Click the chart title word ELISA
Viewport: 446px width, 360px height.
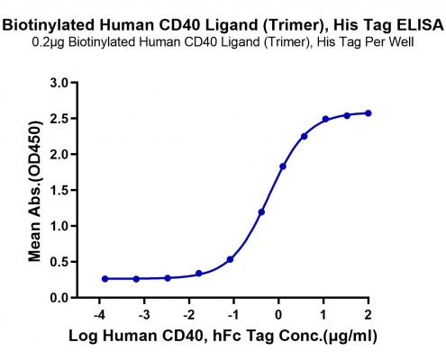point(420,25)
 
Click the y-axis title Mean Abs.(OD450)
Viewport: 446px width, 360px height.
point(34,191)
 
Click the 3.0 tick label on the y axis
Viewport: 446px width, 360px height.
point(60,83)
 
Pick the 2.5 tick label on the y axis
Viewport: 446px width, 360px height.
point(60,119)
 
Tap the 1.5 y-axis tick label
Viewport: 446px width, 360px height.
point(60,190)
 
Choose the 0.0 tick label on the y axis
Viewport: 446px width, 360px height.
point(60,298)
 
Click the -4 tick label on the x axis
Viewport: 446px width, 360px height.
point(99,315)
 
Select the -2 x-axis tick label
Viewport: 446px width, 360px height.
point(189,315)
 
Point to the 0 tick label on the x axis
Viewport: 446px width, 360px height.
point(278,315)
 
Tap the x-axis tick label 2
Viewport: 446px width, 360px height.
point(369,315)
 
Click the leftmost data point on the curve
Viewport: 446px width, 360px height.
point(105,279)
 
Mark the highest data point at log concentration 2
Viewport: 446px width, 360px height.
point(369,113)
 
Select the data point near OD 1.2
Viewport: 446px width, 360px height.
point(261,212)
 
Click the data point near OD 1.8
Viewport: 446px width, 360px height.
point(283,166)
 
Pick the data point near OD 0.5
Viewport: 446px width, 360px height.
point(230,259)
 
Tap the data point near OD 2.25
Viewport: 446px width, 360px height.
point(304,137)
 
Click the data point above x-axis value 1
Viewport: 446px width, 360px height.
point(325,119)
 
